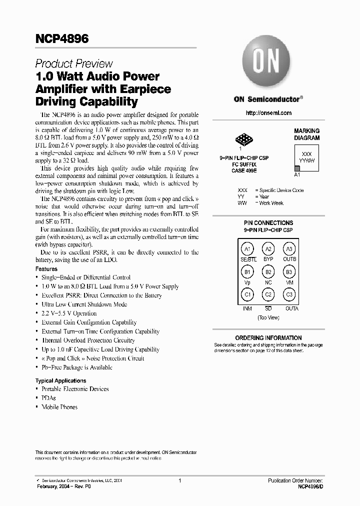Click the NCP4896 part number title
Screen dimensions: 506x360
coord(61,39)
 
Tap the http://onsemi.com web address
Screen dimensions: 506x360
coord(268,113)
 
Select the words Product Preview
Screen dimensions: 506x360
coord(74,64)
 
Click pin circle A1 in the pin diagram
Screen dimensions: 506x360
coord(247,249)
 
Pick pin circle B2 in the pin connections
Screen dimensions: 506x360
coord(268,272)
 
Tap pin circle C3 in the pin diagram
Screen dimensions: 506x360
coord(289,295)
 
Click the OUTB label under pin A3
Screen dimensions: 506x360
coord(289,259)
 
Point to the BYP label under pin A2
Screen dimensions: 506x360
coord(268,259)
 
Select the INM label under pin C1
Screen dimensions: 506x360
coord(247,308)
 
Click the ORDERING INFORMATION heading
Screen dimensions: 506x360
coord(268,338)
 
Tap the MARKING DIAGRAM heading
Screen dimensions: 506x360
coord(306,134)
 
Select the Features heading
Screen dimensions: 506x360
coord(46,269)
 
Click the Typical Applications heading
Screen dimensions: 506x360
coord(60,380)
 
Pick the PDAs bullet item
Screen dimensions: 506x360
coord(48,398)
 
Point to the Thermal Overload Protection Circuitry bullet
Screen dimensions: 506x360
coord(88,340)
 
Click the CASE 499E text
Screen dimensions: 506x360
coord(244,170)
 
